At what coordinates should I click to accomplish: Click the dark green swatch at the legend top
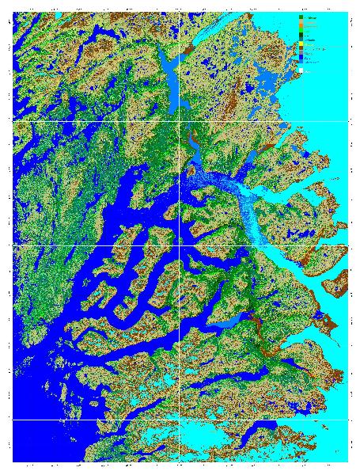301,17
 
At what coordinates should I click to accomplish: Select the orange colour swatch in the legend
301,25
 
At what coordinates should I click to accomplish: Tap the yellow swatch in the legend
301,44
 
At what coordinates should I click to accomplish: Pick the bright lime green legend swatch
301,30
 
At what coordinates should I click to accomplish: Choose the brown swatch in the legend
301,48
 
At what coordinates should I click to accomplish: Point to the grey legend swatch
301,53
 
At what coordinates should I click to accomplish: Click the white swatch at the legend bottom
301,70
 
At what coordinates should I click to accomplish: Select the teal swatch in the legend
301,40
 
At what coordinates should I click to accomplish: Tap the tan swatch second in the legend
301,21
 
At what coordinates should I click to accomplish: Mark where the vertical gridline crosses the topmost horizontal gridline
180,120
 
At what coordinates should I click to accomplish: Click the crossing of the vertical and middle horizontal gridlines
180,245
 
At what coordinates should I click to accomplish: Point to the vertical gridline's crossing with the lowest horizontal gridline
180,420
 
